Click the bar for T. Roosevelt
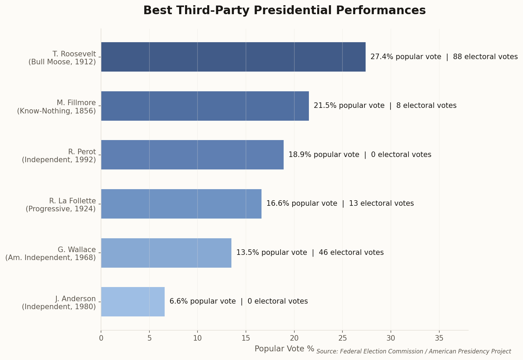[233, 57]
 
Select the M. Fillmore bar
[205, 106]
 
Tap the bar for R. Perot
[192, 155]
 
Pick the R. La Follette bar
[181, 204]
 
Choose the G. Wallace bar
[166, 253]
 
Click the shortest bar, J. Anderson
[133, 302]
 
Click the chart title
[284, 10]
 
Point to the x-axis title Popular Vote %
[284, 349]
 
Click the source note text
[413, 351]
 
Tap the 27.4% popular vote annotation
[444, 57]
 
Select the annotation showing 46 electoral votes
[310, 252]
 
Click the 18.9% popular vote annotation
[360, 155]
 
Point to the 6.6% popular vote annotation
[238, 301]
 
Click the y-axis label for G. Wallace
[51, 253]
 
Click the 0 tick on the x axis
[101, 338]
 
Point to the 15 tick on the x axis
[246, 338]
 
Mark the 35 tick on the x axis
[439, 338]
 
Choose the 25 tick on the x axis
[342, 338]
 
